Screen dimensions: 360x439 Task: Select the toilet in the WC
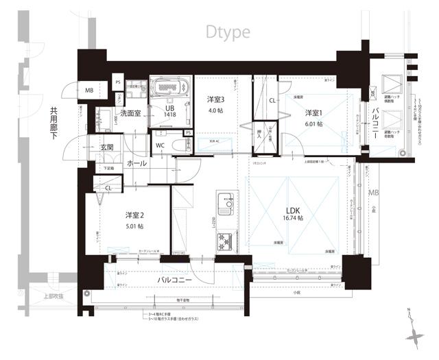pos(180,145)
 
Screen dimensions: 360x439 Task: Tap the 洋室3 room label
pos(216,99)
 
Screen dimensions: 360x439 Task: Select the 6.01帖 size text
pos(315,124)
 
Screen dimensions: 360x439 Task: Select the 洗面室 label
pos(130,113)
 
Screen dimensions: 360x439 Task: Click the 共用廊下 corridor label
pos(53,127)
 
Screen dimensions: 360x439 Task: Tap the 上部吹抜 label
pos(52,296)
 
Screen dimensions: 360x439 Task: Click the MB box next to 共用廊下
pos(89,91)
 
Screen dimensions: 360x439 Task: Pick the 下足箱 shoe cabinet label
pos(108,167)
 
